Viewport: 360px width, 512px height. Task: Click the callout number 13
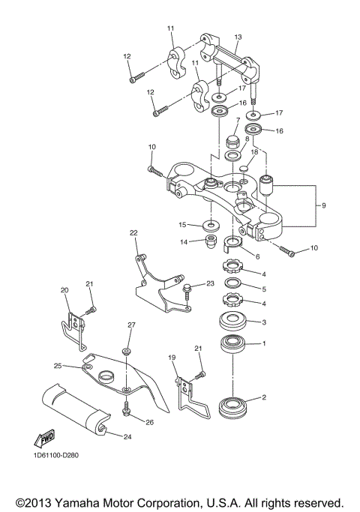[238, 37]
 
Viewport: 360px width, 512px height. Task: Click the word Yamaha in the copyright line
[86, 502]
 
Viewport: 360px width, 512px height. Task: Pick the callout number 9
[324, 205]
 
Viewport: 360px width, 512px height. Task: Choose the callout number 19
[171, 358]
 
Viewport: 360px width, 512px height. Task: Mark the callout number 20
[64, 289]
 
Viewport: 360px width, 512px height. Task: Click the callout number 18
[254, 151]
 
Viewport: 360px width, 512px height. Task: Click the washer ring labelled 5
[232, 283]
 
